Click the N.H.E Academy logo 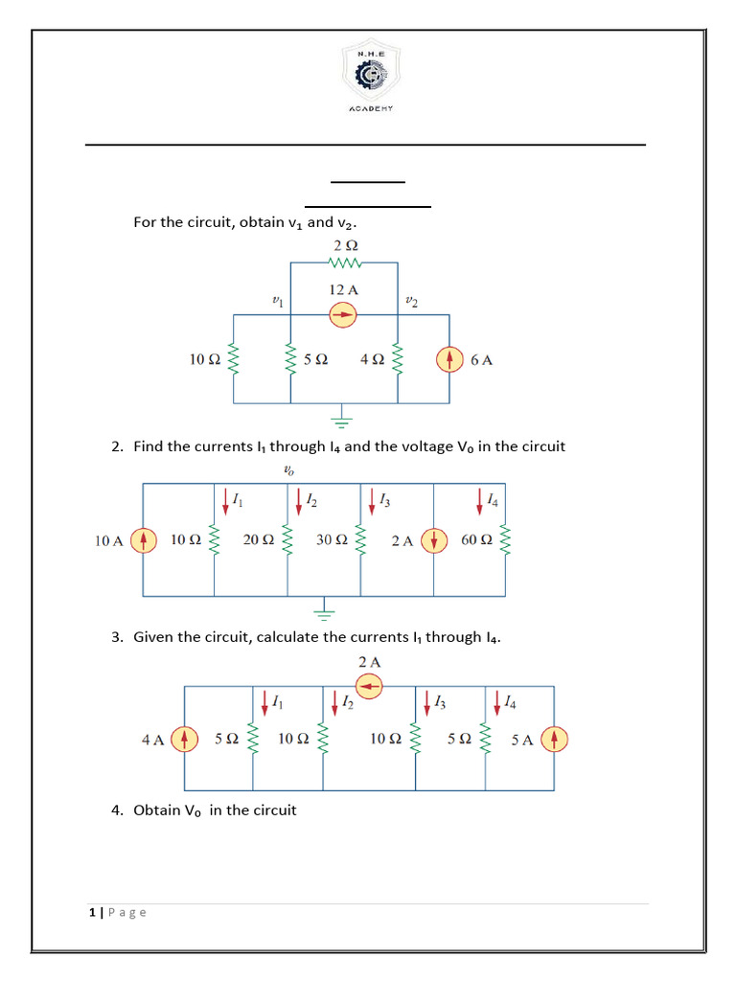point(368,78)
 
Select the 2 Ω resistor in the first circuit point(344,262)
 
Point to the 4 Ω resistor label point(372,360)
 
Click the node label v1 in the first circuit point(278,301)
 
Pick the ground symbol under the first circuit point(343,417)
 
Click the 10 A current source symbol point(143,540)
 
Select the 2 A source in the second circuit point(435,540)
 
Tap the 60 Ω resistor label point(476,540)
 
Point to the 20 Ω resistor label point(259,540)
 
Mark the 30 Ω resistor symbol point(360,542)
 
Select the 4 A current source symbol point(184,739)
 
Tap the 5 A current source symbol point(555,739)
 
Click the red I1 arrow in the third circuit point(264,704)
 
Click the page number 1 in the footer point(90,913)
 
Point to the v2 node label point(411,301)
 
